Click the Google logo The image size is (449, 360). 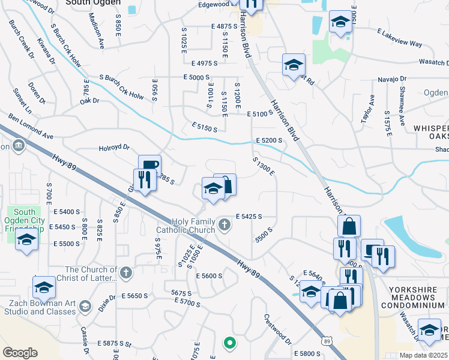20,353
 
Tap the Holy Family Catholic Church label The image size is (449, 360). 186,226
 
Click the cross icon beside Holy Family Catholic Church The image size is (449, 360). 224,225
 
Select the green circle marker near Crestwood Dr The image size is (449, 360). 229,343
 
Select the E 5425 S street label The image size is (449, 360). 249,216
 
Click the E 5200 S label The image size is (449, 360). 268,140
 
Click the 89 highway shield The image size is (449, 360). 327,341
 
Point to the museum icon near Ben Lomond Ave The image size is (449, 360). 18,146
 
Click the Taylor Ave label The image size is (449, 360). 367,107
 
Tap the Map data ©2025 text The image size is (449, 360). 423,355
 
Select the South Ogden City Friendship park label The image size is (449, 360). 25,220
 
